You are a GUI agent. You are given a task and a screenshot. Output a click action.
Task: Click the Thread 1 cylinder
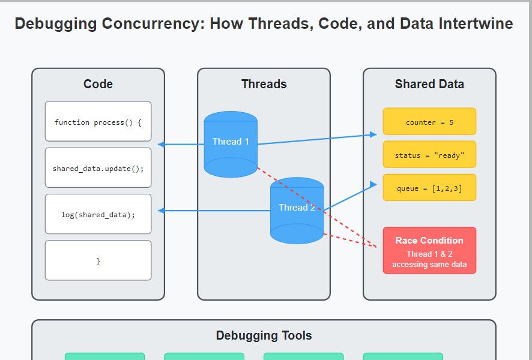tap(231, 144)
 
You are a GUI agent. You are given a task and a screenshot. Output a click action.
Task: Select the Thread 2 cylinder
tap(297, 210)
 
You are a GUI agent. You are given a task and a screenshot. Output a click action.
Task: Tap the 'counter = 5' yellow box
tap(429, 122)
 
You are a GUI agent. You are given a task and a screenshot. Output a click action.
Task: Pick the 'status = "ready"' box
tap(429, 155)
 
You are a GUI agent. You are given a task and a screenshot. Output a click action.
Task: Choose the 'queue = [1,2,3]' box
tap(429, 188)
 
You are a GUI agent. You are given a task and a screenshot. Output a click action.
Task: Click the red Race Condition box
tap(429, 250)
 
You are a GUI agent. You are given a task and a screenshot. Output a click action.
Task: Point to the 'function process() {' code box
tap(98, 122)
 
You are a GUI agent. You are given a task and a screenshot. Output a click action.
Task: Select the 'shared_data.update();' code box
tap(98, 168)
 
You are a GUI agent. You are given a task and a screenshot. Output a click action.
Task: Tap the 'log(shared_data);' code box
tap(98, 214)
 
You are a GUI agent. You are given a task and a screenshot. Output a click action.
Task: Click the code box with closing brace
tap(98, 261)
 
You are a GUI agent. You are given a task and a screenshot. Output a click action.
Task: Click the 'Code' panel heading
tap(98, 84)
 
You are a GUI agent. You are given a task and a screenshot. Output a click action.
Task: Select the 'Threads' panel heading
tap(264, 84)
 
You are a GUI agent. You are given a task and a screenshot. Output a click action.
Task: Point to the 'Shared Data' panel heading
tap(429, 84)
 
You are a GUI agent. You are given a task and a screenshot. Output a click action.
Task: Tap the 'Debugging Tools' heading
tap(264, 335)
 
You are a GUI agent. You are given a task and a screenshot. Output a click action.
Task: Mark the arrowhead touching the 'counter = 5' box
tap(373, 136)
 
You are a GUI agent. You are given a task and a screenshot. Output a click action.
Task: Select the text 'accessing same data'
tap(429, 265)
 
